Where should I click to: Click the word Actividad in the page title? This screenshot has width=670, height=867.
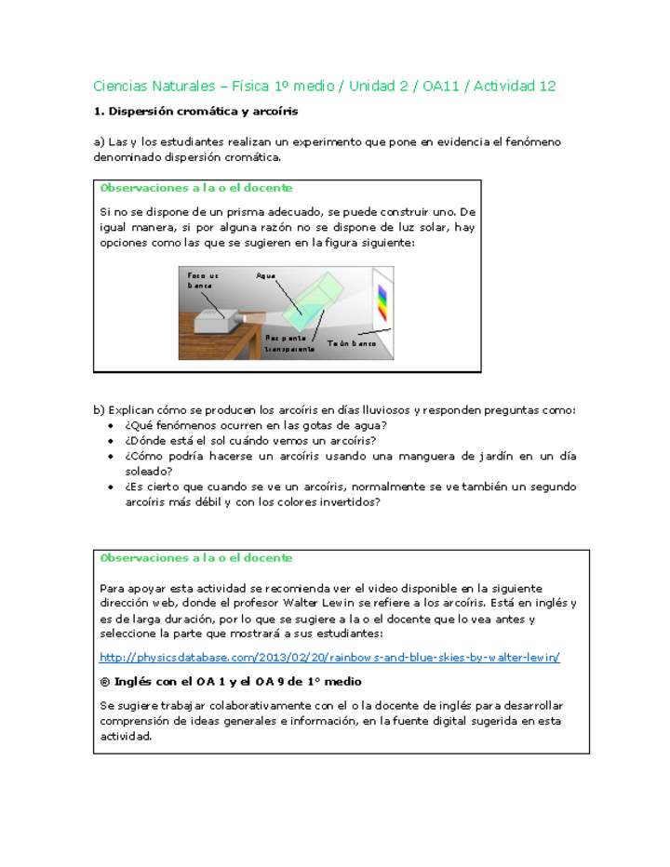tap(504, 87)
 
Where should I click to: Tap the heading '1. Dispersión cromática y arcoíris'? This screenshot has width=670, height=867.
tap(195, 112)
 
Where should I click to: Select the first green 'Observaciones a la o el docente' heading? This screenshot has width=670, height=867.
tap(195, 188)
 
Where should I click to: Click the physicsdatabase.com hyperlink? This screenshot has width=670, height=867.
tap(329, 657)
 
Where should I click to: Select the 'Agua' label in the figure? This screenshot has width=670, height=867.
tap(266, 276)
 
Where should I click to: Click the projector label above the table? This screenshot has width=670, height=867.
tap(202, 280)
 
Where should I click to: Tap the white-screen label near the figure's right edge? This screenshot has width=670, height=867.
tap(352, 343)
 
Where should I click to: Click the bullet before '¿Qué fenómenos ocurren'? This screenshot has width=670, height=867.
tap(114, 426)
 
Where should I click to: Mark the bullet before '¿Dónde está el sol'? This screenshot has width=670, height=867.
tap(114, 441)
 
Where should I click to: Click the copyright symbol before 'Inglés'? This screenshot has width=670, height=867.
tap(104, 681)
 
